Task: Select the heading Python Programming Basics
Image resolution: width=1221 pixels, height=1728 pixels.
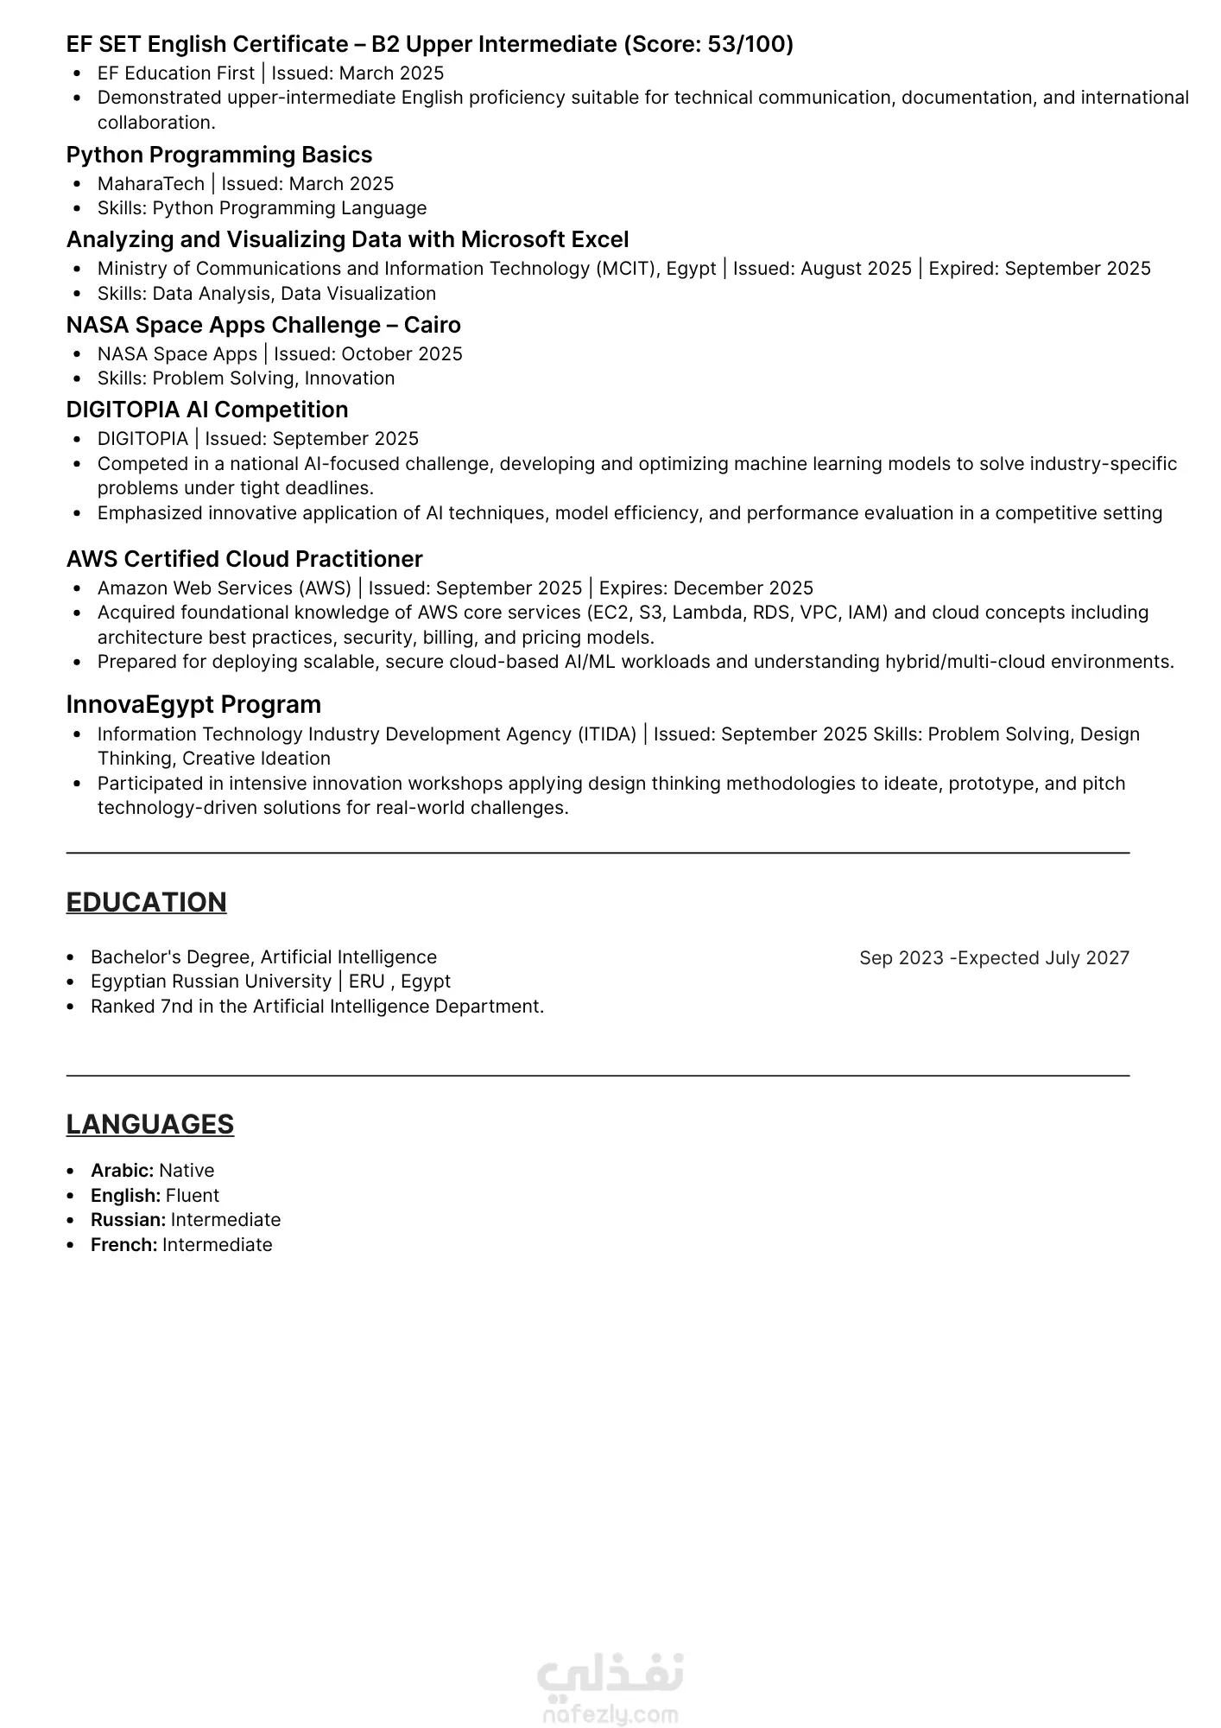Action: click(219, 155)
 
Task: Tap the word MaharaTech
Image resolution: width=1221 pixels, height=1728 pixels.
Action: click(151, 184)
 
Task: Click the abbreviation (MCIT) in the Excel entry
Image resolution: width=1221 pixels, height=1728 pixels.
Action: click(625, 269)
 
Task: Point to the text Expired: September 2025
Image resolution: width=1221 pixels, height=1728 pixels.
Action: click(1040, 269)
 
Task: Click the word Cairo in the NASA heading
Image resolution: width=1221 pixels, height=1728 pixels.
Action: click(432, 325)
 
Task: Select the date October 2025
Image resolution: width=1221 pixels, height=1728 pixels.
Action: click(402, 354)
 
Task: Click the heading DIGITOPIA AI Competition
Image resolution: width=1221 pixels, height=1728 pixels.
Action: click(207, 410)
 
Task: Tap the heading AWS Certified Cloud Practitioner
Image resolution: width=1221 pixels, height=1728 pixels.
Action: click(244, 559)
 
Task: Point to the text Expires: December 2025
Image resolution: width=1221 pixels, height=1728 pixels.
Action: click(706, 588)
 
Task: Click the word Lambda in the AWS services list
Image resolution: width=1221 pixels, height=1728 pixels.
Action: click(701, 613)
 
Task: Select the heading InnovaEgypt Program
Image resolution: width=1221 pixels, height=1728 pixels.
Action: click(193, 705)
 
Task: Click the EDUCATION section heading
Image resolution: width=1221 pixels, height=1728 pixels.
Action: click(147, 902)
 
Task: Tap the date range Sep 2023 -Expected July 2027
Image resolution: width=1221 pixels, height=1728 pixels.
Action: click(994, 958)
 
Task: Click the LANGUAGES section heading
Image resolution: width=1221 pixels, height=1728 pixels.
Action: click(150, 1124)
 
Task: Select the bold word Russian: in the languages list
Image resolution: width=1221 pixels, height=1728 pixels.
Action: click(128, 1220)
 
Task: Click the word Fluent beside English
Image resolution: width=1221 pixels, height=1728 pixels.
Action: click(193, 1196)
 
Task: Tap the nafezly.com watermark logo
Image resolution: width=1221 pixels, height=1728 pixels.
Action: click(610, 1688)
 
